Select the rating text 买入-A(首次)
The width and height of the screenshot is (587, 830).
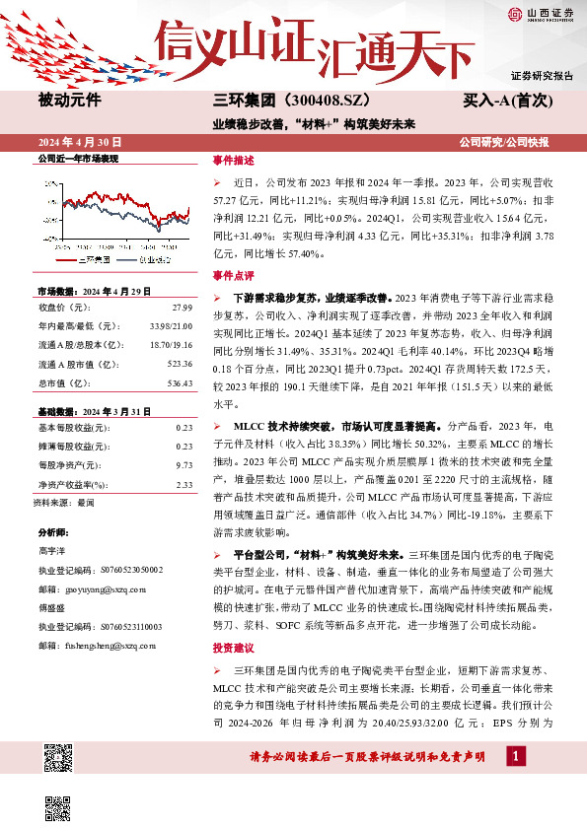tap(506, 100)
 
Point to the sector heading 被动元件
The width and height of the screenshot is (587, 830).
tap(69, 100)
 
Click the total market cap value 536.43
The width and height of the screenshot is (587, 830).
tap(179, 382)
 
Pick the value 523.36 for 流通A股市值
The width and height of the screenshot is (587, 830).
tap(179, 364)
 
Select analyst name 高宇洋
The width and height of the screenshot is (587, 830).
tap(51, 551)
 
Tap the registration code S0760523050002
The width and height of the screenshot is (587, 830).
tap(128, 570)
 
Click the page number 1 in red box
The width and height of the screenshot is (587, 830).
tap(514, 755)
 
